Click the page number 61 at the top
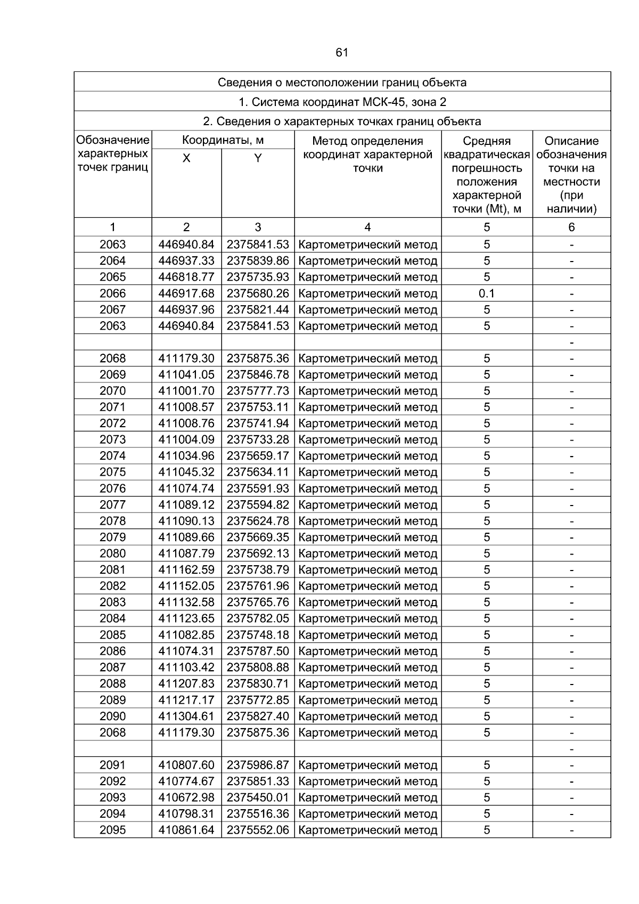[342, 52]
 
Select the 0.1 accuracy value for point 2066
[487, 293]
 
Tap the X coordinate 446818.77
[186, 277]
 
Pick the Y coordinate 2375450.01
[258, 797]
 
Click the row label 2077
[113, 504]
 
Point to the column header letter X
[186, 158]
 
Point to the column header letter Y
[258, 158]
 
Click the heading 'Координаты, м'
[223, 141]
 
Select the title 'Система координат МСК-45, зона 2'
[342, 102]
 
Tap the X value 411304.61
[186, 716]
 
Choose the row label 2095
[113, 830]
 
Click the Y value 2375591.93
[258, 488]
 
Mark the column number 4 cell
[367, 227]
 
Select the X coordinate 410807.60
[186, 765]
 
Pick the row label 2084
[113, 618]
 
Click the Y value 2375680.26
[258, 293]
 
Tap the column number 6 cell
[571, 227]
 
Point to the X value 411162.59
[186, 569]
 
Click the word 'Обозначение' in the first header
[113, 141]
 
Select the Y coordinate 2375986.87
[258, 765]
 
